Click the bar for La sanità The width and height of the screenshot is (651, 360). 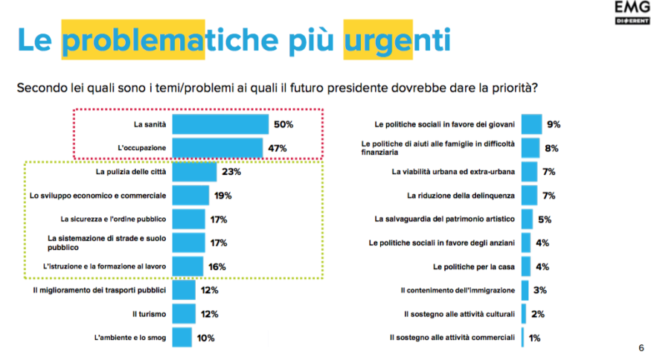click(222, 124)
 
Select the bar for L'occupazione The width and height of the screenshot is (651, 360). click(219, 148)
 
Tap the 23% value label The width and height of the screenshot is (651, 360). click(231, 172)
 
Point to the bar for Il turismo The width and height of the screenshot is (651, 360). click(185, 313)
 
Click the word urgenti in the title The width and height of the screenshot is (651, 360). click(397, 39)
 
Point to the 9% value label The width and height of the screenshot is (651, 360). click(554, 124)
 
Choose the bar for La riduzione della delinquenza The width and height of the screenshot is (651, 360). click(529, 196)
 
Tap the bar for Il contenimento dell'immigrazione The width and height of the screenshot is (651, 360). click(525, 289)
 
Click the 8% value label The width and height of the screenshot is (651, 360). click(551, 148)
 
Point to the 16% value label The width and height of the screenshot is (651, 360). click(217, 266)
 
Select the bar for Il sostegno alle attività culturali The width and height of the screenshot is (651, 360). click(524, 313)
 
